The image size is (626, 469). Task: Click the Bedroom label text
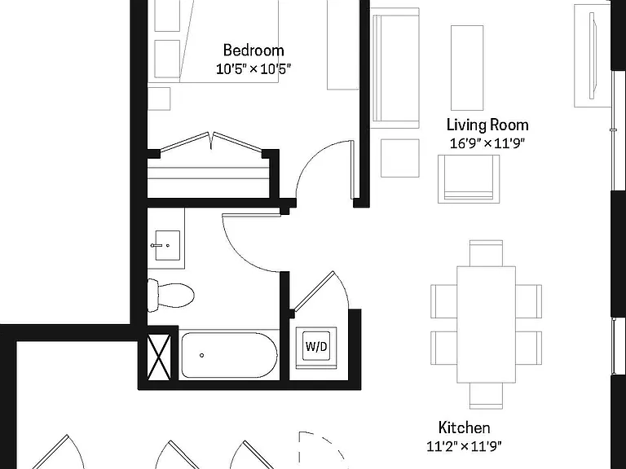(x=253, y=50)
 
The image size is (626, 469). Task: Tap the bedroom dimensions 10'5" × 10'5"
(x=253, y=69)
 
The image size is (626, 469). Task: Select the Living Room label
(x=487, y=125)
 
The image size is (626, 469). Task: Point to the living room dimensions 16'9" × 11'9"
(x=487, y=142)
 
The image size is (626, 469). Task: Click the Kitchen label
(x=465, y=427)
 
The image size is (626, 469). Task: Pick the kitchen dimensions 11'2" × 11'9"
(x=465, y=446)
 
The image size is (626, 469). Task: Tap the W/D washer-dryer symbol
(x=316, y=346)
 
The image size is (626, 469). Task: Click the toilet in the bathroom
(x=170, y=295)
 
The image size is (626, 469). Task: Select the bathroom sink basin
(x=167, y=245)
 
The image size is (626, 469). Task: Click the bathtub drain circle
(x=201, y=355)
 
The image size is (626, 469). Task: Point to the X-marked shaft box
(x=159, y=357)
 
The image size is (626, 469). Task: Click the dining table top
(x=486, y=324)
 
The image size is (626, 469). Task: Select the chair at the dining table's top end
(x=486, y=253)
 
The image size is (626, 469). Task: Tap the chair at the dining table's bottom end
(x=486, y=396)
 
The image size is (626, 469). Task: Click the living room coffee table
(x=467, y=68)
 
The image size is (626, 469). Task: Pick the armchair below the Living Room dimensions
(x=469, y=179)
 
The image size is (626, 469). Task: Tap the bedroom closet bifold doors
(x=211, y=142)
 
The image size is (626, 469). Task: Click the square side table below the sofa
(x=400, y=158)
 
